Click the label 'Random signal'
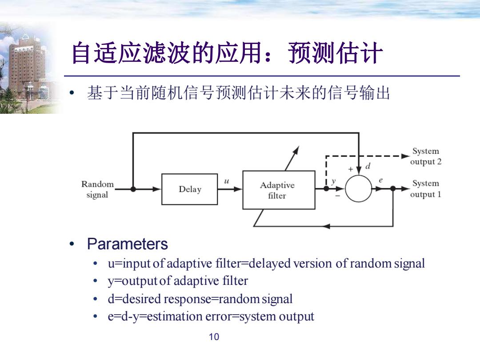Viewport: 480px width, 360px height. (x=97, y=189)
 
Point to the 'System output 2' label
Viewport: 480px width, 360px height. (x=426, y=156)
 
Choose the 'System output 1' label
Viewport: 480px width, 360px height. (x=425, y=189)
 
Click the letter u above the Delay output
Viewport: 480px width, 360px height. (x=227, y=181)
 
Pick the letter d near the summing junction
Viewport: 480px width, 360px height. (x=368, y=166)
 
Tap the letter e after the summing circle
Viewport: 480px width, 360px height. (x=380, y=180)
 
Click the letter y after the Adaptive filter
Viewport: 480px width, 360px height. (x=334, y=181)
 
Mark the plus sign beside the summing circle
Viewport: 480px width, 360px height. (x=351, y=169)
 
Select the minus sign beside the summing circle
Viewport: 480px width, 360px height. (x=338, y=196)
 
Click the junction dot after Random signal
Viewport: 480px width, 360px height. (x=133, y=189)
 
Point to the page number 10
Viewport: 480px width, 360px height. (x=214, y=337)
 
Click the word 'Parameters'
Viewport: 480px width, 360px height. (x=128, y=244)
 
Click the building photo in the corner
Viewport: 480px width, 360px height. (x=28, y=68)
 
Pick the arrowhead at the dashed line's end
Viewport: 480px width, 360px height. (x=405, y=156)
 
